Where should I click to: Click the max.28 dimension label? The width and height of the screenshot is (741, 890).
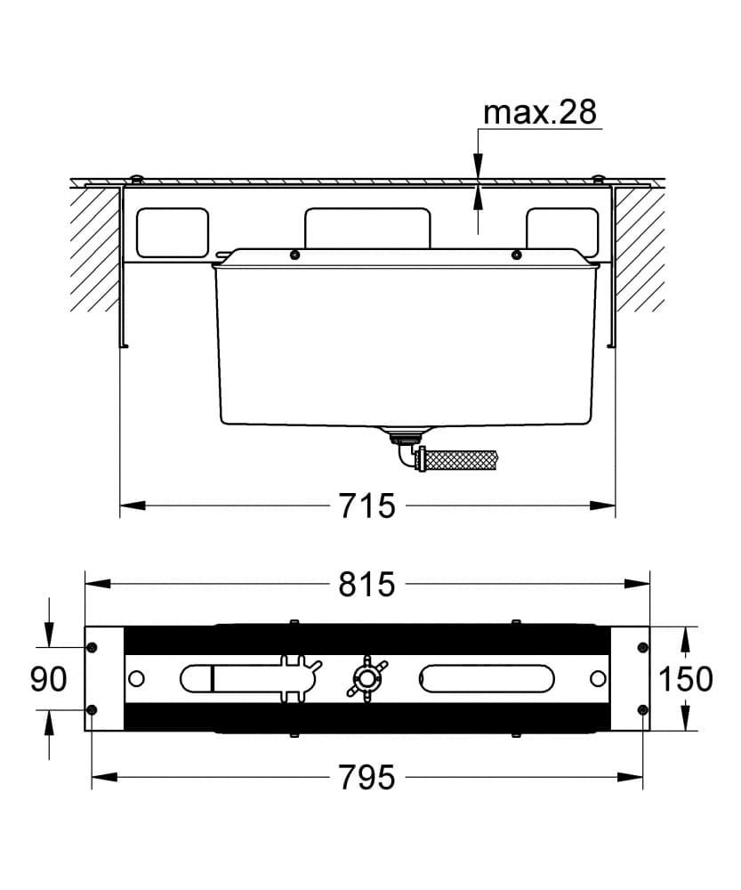(x=540, y=112)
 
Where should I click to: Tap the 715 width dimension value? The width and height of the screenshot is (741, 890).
(x=366, y=506)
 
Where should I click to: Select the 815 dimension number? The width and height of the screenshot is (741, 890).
(x=366, y=584)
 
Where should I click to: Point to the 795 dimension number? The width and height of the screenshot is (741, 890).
(x=366, y=777)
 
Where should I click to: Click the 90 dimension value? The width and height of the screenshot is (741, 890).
(x=48, y=678)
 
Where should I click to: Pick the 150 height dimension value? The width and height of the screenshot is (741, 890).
(x=685, y=678)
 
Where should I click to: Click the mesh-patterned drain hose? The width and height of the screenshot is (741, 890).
(x=461, y=458)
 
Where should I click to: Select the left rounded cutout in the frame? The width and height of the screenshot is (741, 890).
(x=173, y=232)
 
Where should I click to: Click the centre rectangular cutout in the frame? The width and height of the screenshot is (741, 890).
(x=367, y=228)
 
